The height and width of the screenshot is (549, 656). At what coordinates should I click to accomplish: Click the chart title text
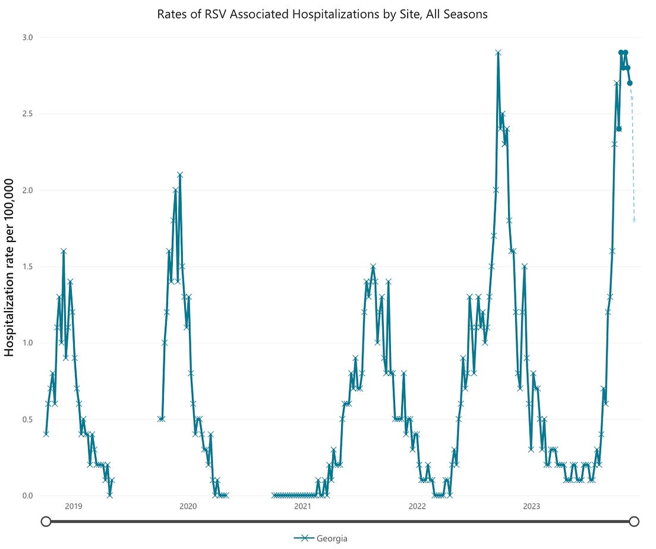[323, 14]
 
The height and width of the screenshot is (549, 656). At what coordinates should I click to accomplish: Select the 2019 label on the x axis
[74, 507]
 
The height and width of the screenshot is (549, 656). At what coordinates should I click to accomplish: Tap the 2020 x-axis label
[188, 507]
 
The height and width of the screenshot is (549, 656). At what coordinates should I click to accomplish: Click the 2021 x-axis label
[302, 507]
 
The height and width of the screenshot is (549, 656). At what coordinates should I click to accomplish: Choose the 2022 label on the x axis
[417, 507]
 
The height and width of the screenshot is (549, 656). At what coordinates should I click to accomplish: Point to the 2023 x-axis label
[531, 507]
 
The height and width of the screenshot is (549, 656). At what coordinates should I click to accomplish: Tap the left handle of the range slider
[46, 522]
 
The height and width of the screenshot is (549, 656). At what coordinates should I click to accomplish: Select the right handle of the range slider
[634, 522]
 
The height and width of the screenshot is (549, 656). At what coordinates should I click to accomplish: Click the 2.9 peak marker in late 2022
[498, 52]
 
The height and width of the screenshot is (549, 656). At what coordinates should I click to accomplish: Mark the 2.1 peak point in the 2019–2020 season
[179, 175]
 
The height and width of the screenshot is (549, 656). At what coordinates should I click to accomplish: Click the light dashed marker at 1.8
[635, 221]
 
